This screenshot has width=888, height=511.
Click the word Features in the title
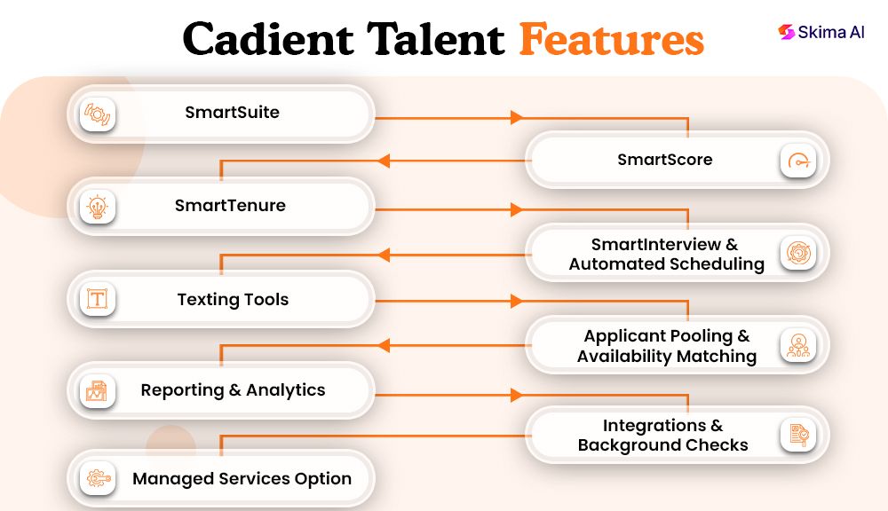click(x=611, y=40)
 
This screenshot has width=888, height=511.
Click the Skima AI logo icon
click(x=785, y=32)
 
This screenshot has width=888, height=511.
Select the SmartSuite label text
click(x=232, y=113)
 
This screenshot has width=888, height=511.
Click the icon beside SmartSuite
click(x=97, y=114)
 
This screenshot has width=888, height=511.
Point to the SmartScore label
click(x=664, y=160)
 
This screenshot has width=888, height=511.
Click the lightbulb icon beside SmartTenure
click(x=97, y=207)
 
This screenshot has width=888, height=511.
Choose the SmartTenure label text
click(x=230, y=206)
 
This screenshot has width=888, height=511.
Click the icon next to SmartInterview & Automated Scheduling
click(x=798, y=253)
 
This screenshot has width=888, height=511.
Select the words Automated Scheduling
click(x=666, y=264)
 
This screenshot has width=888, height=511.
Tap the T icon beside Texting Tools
click(x=97, y=299)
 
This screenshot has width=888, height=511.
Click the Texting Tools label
click(x=233, y=300)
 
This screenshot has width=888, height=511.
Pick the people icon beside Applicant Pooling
click(x=798, y=345)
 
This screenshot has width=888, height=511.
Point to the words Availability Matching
click(x=666, y=357)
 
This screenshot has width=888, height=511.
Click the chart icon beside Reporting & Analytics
click(x=97, y=390)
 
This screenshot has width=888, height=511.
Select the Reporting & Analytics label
click(x=233, y=390)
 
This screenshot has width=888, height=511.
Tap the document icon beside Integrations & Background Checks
click(x=798, y=436)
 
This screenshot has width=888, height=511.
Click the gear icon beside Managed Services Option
click(x=97, y=479)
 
